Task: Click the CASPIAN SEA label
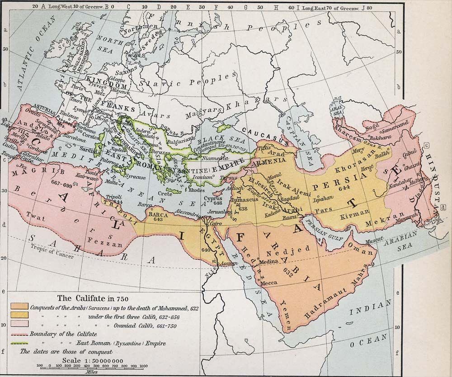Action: (290, 136)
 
